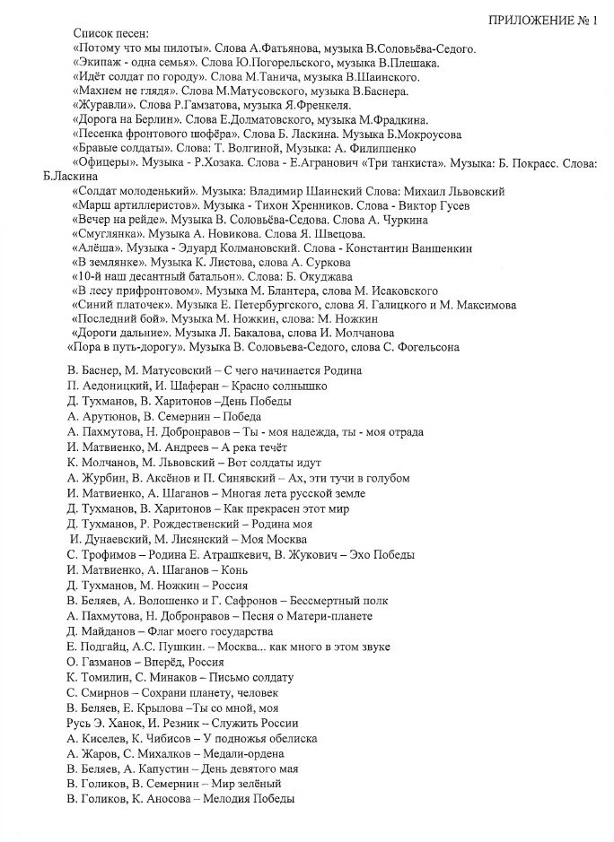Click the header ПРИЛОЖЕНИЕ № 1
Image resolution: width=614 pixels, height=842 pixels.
coord(542,21)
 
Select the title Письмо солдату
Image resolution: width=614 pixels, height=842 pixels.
coord(251,677)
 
